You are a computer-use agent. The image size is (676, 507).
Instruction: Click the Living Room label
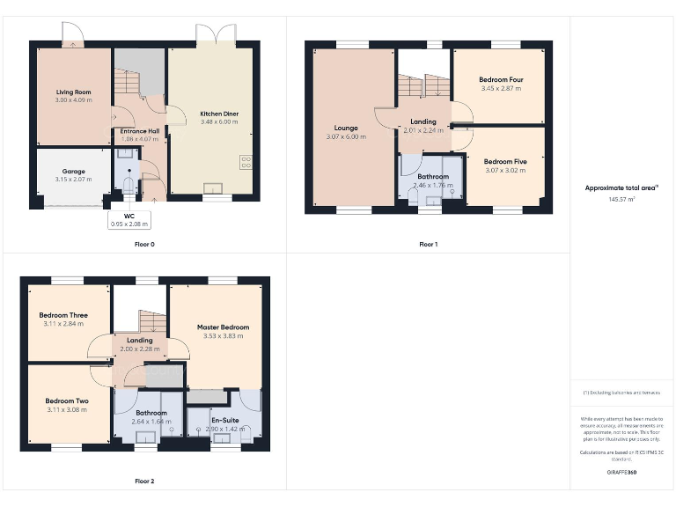point(73,92)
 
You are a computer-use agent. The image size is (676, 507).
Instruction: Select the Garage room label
point(73,172)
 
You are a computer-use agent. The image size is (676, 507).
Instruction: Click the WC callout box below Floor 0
point(129,220)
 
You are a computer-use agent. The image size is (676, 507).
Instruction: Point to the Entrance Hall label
point(140,130)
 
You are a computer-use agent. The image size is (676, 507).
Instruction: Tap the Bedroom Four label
point(502,80)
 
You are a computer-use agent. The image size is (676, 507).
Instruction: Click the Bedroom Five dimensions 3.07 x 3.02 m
point(505,170)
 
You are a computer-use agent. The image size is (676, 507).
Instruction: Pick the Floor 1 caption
point(428,244)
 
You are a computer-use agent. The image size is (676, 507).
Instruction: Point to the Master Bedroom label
point(223,327)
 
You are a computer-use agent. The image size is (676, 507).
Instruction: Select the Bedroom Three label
point(63,315)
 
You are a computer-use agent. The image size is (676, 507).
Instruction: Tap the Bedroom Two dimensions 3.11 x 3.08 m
point(67,409)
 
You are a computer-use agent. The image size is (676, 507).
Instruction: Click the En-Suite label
point(225,421)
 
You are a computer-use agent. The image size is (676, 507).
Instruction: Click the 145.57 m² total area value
point(621,199)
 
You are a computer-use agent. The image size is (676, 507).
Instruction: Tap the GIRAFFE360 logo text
point(621,473)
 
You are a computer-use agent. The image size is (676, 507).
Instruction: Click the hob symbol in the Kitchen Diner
point(246,162)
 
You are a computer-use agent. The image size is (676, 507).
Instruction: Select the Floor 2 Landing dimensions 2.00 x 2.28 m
point(139,349)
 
